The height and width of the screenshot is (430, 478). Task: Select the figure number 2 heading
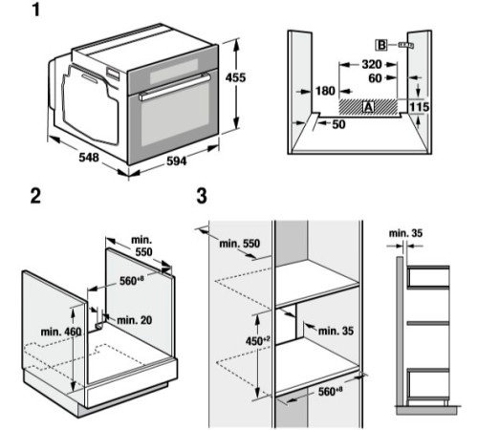[35, 197]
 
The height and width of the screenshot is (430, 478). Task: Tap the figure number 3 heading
[201, 197]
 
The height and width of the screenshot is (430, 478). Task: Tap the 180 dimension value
[323, 92]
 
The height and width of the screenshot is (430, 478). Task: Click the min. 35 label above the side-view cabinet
[407, 231]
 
